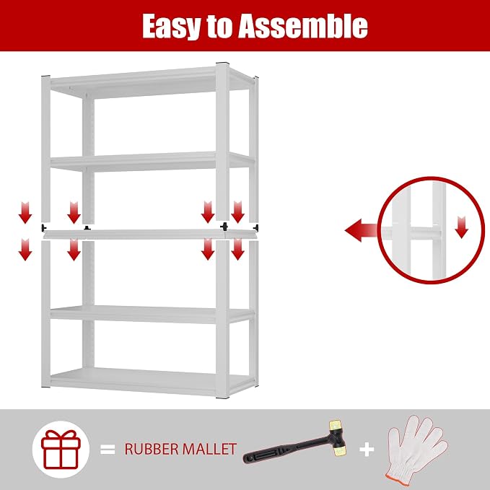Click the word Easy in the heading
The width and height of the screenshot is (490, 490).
point(171,27)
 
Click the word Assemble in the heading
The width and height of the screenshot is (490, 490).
point(303,26)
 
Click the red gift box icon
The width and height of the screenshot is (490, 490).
point(61,449)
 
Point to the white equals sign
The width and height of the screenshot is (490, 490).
point(108,450)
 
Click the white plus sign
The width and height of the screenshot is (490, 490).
point(367,450)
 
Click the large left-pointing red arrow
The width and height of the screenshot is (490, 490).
point(361,230)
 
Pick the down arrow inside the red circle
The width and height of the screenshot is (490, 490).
point(462,227)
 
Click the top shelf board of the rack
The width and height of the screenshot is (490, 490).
point(150,82)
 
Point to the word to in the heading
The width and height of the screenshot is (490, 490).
point(219,27)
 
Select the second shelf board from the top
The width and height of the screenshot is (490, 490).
point(150,161)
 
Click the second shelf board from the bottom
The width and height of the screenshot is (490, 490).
point(150,314)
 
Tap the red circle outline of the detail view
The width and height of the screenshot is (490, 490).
point(378,230)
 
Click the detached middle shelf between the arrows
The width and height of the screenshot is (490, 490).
point(150,234)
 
